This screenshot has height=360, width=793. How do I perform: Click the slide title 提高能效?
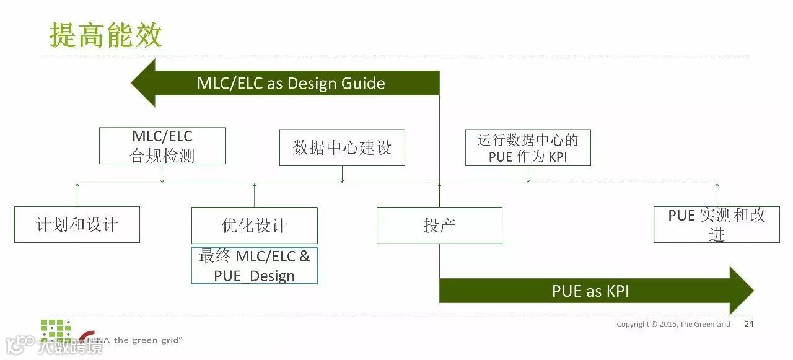tap(105, 35)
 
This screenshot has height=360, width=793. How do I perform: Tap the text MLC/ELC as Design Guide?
tap(291, 84)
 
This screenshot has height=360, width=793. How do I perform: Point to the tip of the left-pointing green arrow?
tap(133, 83)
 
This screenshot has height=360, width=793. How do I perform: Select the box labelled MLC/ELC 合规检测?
tap(162, 146)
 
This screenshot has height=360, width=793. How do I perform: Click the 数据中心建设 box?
tap(342, 147)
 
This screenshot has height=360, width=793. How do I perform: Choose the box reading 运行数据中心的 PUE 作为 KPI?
tap(528, 147)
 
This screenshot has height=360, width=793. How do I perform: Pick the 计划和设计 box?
tap(77, 224)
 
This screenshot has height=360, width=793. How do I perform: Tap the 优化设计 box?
tap(254, 225)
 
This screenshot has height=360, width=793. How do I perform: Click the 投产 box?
tap(439, 225)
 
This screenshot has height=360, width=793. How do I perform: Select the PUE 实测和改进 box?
tap(717, 224)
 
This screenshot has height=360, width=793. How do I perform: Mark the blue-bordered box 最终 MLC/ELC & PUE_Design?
tap(254, 265)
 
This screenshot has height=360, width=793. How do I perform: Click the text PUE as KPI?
tap(590, 291)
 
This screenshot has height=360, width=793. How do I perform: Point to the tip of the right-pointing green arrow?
tap(752, 291)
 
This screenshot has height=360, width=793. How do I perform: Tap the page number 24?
tap(749, 324)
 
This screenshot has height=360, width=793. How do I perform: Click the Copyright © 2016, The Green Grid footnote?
tap(673, 324)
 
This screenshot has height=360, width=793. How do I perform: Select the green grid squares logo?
tap(56, 329)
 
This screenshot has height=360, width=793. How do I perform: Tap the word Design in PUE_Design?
tap(273, 276)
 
